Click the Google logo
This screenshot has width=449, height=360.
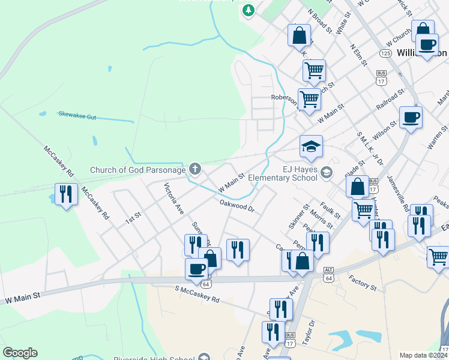click(x=20, y=353)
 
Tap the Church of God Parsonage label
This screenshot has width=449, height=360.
click(x=137, y=170)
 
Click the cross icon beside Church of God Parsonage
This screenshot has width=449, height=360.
click(x=194, y=169)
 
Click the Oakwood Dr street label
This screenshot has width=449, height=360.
click(x=237, y=206)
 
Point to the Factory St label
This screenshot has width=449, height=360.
click(x=361, y=284)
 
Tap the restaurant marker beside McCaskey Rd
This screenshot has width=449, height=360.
click(x=65, y=194)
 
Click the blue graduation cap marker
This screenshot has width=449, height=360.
click(x=311, y=146)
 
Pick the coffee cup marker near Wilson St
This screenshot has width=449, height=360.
click(x=411, y=117)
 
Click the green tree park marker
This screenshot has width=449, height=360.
click(x=248, y=10)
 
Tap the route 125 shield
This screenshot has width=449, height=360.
click(x=385, y=53)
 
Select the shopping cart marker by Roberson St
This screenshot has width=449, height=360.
click(x=309, y=99)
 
